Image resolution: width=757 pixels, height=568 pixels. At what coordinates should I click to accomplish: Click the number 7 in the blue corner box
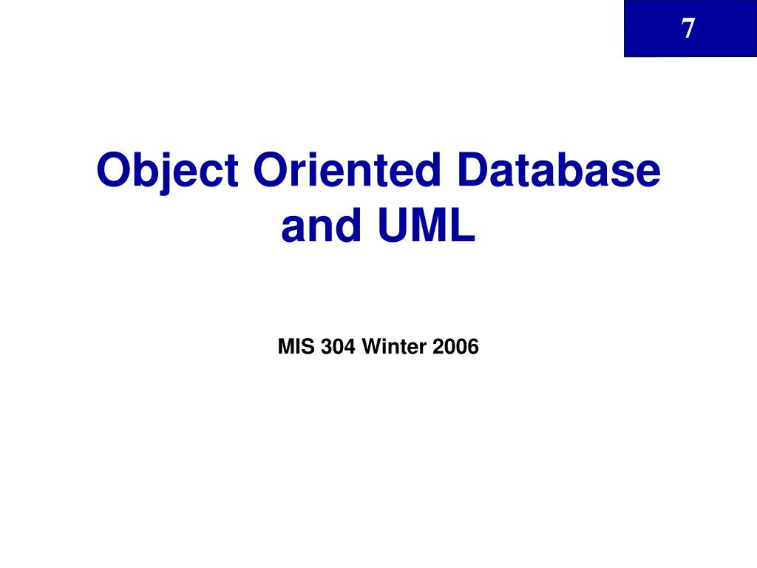pyautogui.click(x=688, y=29)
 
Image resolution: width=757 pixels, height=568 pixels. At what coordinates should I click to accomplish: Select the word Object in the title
pyautogui.click(x=168, y=171)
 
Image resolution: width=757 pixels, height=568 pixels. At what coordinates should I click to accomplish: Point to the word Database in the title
pyautogui.click(x=558, y=170)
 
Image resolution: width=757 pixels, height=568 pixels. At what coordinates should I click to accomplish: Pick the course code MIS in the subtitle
pyautogui.click(x=296, y=346)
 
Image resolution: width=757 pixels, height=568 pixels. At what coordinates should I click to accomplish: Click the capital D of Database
pyautogui.click(x=475, y=170)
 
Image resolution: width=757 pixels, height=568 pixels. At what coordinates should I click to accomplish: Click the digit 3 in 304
pyautogui.click(x=326, y=346)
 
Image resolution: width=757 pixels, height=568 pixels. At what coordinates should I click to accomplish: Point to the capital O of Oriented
pyautogui.click(x=271, y=171)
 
